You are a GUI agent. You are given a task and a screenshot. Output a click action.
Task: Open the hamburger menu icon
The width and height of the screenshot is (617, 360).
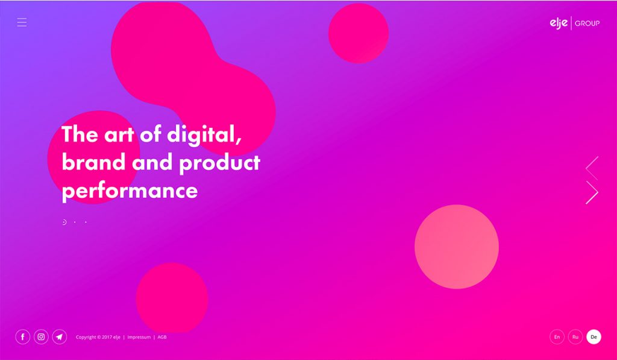coord(22,22)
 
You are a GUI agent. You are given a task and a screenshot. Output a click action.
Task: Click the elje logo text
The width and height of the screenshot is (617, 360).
coord(559,23)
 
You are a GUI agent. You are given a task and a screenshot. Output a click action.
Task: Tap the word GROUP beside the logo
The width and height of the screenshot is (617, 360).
coord(587,24)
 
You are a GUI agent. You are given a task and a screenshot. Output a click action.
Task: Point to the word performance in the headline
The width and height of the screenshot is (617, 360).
coord(130,191)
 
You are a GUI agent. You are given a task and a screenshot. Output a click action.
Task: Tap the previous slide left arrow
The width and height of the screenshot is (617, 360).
coord(592,168)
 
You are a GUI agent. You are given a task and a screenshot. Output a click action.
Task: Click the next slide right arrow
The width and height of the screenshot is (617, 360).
coord(592,192)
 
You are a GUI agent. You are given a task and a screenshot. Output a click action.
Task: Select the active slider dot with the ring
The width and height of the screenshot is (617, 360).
coord(64,222)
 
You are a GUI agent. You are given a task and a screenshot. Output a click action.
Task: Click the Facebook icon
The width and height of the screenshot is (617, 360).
coord(22,337)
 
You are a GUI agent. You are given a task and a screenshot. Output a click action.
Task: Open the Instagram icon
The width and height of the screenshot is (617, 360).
coord(41,337)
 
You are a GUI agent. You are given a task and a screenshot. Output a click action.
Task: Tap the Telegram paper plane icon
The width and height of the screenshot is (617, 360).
coord(59,337)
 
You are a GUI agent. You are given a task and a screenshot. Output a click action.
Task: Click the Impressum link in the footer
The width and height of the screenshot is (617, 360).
coord(139,337)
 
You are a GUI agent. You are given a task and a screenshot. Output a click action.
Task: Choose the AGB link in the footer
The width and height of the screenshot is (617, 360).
coord(162,337)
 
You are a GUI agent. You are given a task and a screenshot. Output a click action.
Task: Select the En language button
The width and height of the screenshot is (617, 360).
coord(557,337)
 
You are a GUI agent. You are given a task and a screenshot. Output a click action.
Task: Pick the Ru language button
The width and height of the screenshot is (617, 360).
coord(575,337)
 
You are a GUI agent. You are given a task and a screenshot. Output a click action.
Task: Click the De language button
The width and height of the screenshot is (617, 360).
coord(594,337)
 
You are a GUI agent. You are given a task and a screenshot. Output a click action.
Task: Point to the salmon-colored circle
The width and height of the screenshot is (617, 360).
coord(456,247)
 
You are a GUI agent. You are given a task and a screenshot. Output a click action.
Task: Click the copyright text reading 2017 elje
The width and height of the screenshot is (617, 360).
coord(99,337)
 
